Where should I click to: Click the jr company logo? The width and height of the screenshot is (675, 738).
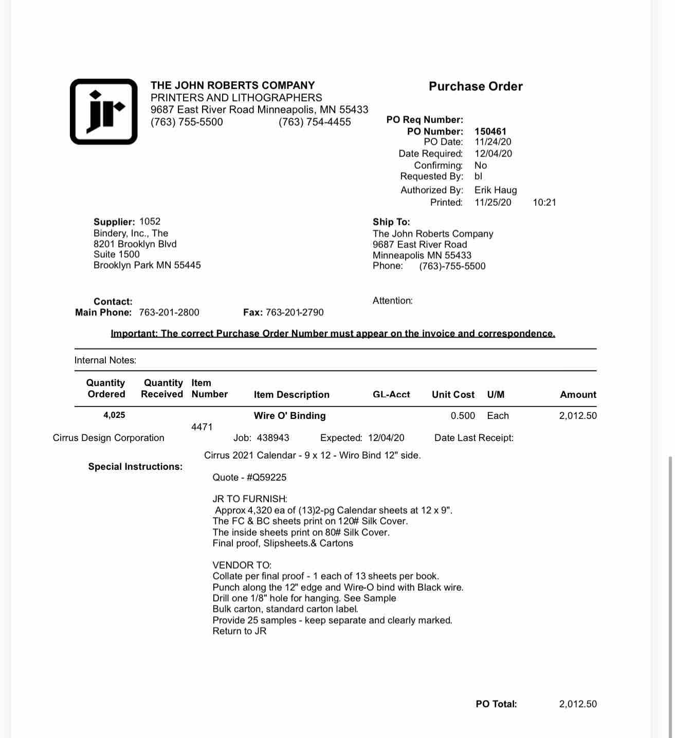pyautogui.click(x=104, y=112)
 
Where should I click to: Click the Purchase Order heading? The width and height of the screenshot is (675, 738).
pyautogui.click(x=476, y=86)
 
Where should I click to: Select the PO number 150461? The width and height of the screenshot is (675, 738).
pyautogui.click(x=490, y=131)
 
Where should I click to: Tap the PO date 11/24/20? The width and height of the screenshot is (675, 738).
pyautogui.click(x=492, y=142)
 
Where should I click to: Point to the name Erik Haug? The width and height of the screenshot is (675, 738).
pyautogui.click(x=495, y=190)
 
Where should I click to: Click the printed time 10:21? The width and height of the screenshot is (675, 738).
pyautogui.click(x=544, y=202)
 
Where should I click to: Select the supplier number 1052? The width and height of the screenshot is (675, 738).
pyautogui.click(x=150, y=221)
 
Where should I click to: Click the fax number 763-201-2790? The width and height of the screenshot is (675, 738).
pyautogui.click(x=295, y=312)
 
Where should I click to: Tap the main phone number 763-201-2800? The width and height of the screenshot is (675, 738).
pyautogui.click(x=169, y=312)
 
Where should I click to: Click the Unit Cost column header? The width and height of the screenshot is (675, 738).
pyautogui.click(x=453, y=395)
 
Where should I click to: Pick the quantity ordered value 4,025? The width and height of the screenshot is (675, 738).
pyautogui.click(x=114, y=415)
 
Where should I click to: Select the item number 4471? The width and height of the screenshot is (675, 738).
pyautogui.click(x=202, y=427)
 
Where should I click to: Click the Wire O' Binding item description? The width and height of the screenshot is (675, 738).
pyautogui.click(x=289, y=416)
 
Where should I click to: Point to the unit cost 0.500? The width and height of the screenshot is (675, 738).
pyautogui.click(x=463, y=416)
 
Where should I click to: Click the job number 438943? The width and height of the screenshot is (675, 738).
pyautogui.click(x=272, y=438)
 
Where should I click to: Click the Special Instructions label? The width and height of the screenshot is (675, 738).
pyautogui.click(x=135, y=467)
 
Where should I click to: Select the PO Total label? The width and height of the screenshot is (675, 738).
pyautogui.click(x=496, y=704)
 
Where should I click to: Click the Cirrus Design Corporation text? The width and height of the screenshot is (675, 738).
pyautogui.click(x=108, y=438)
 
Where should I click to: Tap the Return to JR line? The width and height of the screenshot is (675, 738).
pyautogui.click(x=240, y=631)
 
